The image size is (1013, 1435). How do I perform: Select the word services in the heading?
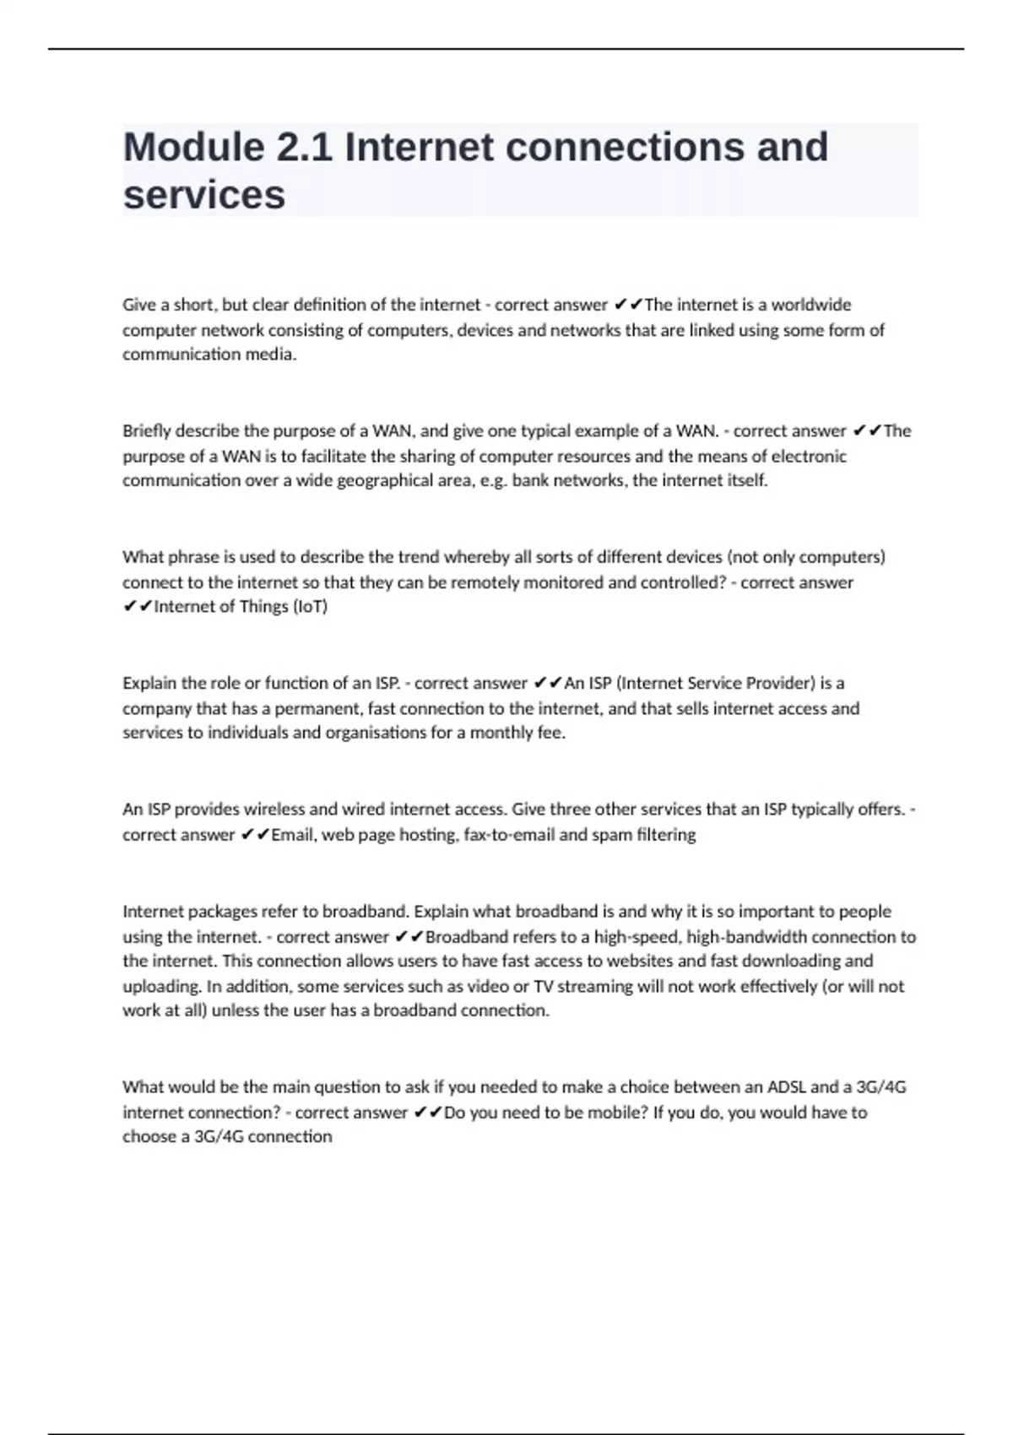(x=204, y=195)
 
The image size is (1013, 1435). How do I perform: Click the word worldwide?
(x=811, y=305)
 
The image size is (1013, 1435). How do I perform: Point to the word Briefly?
(x=146, y=431)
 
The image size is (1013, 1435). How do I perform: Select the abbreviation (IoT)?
(x=310, y=607)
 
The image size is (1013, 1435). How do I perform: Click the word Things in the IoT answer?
(x=263, y=607)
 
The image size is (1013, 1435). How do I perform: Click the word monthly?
(x=501, y=733)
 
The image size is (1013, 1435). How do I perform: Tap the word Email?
(x=291, y=835)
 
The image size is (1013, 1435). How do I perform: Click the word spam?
(x=611, y=835)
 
